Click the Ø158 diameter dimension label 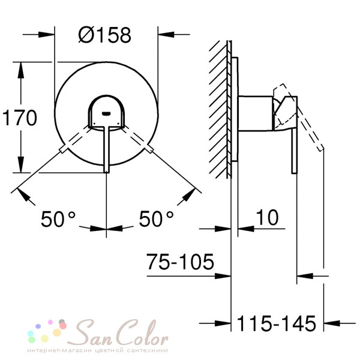104,35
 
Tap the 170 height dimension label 20,118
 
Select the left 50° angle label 58,219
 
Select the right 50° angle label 156,219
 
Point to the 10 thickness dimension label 267,217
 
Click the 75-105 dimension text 180,262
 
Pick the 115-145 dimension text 277,323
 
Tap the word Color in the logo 140,332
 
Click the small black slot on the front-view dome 107,113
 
